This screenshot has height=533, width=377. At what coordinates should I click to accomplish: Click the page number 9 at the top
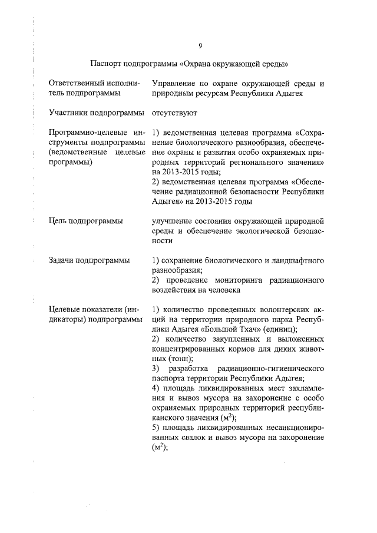[200, 47]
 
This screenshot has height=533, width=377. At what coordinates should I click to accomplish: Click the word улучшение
[175, 221]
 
